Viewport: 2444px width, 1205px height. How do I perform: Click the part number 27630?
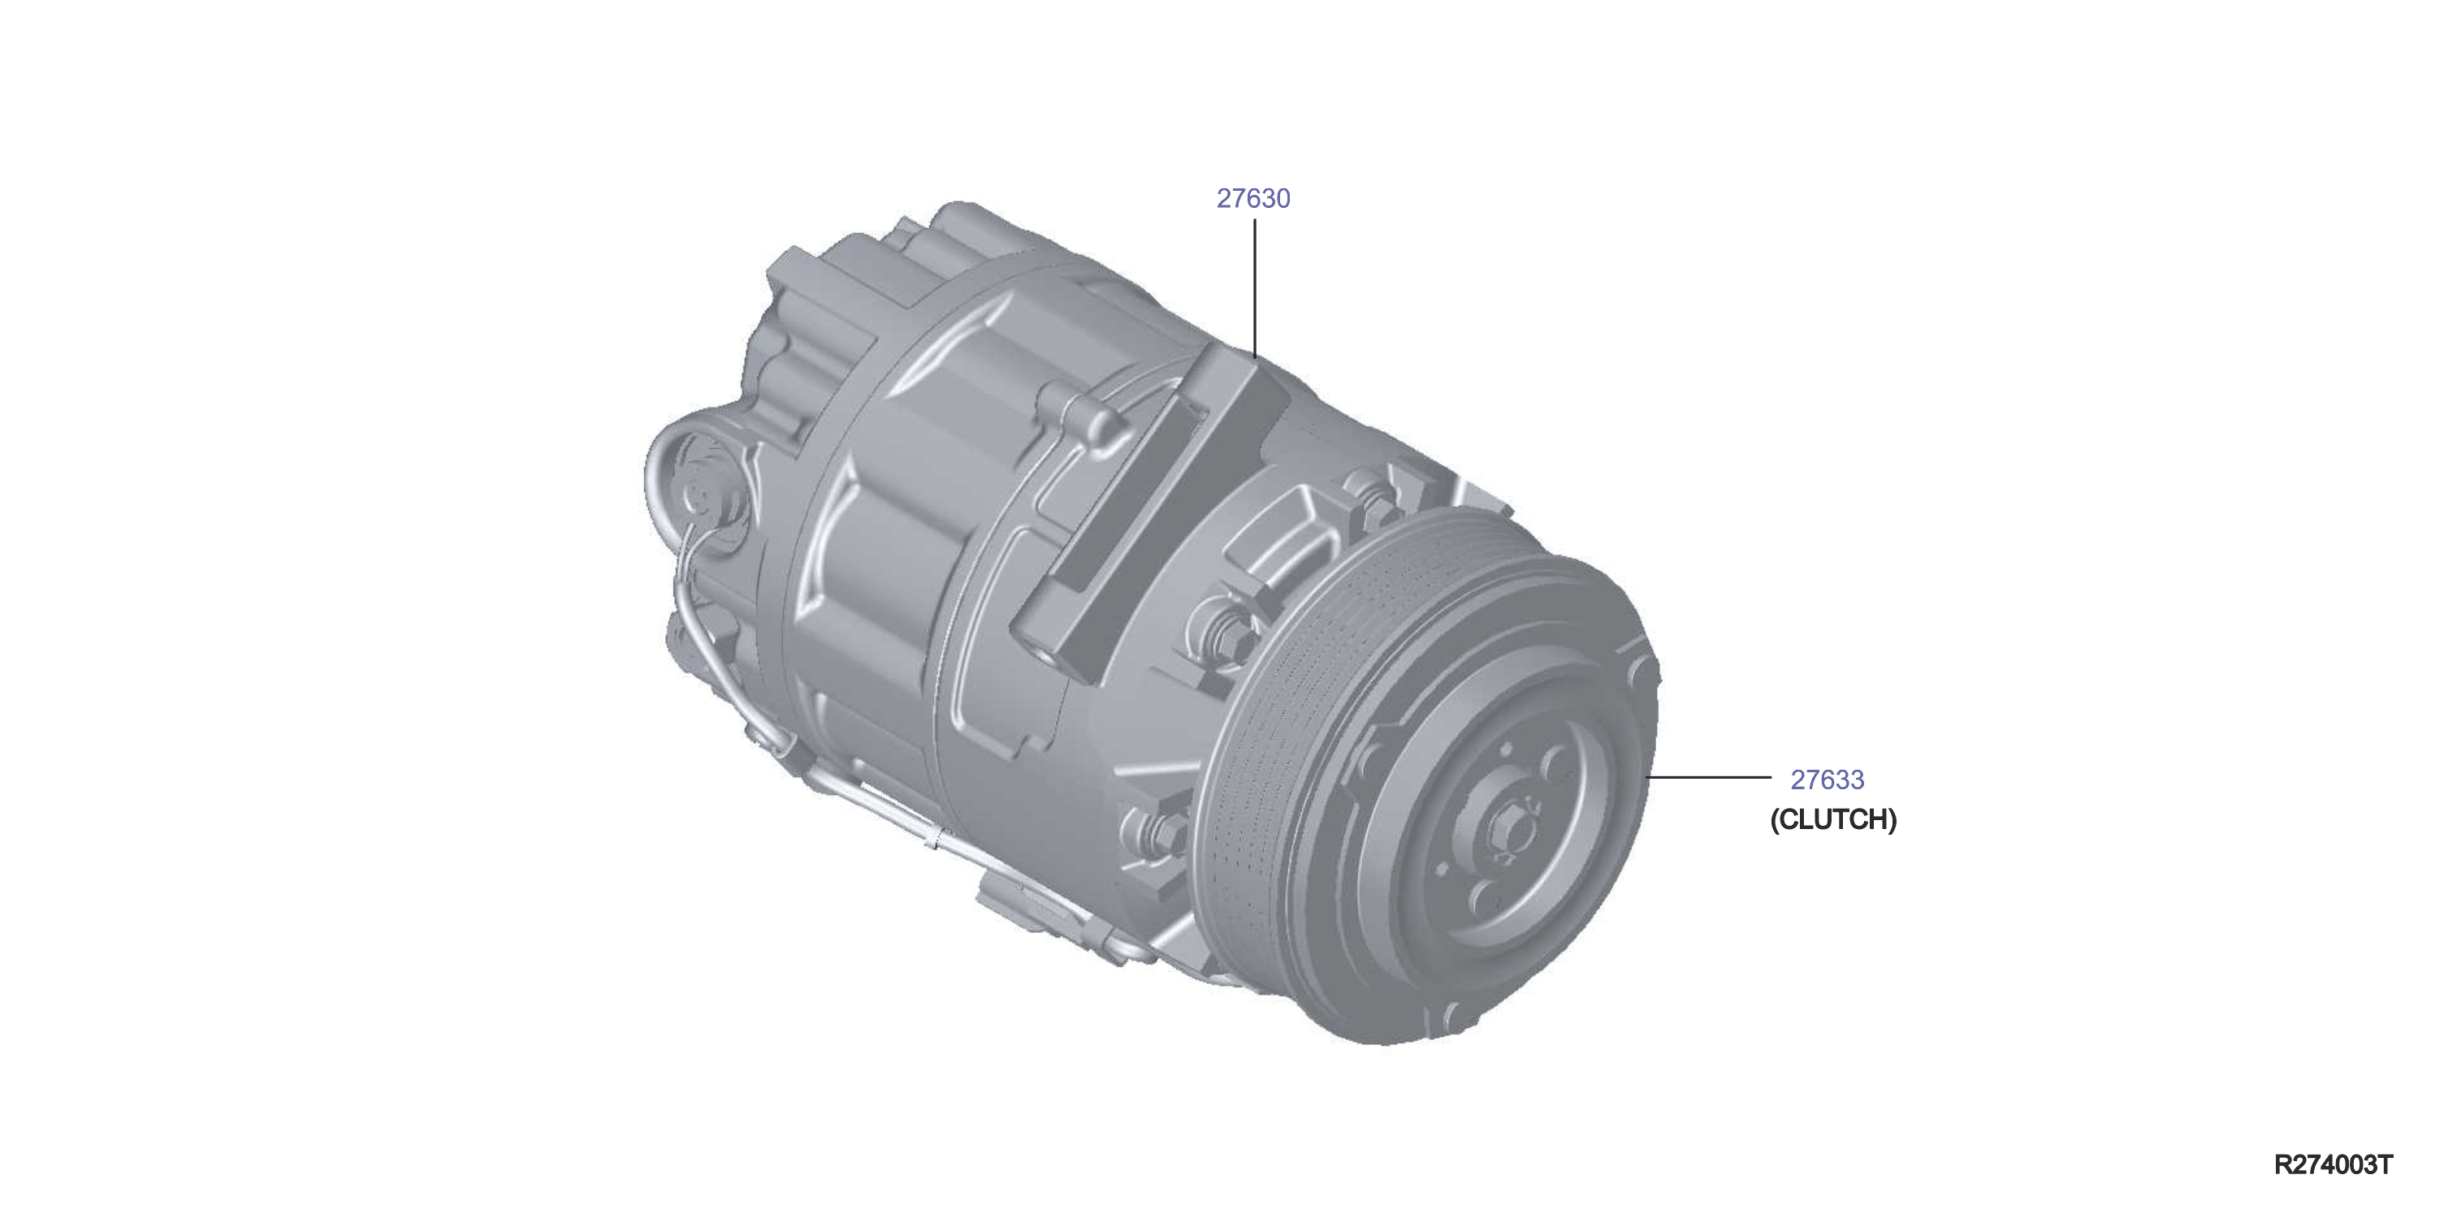click(1253, 198)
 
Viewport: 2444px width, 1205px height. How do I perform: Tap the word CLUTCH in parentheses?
click(1834, 820)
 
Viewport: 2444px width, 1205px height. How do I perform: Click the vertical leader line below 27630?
click(1254, 288)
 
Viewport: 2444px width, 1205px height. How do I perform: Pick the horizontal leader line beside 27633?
click(1709, 776)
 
